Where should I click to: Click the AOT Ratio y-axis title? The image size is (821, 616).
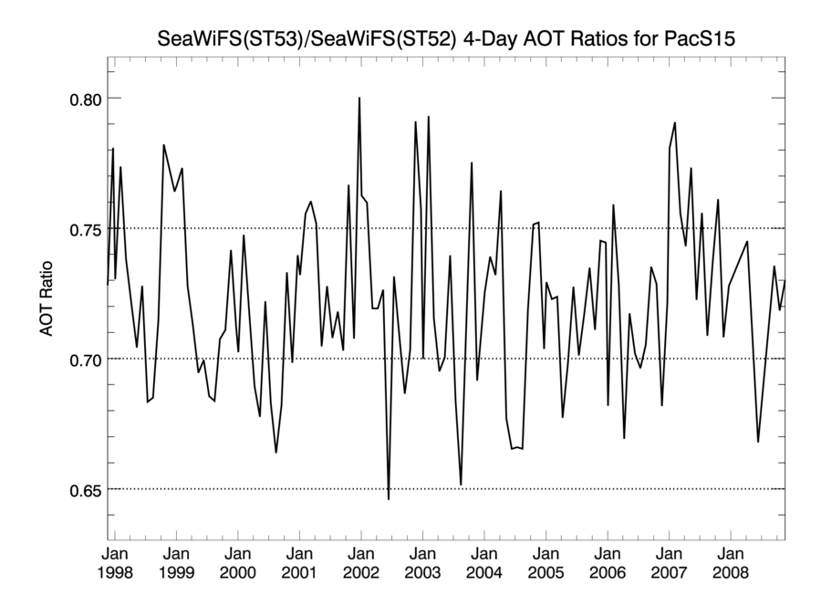click(x=47, y=299)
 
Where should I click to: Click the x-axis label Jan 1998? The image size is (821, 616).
click(x=115, y=563)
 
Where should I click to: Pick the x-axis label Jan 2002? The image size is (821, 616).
click(x=360, y=563)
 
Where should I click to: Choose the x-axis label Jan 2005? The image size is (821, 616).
click(x=546, y=563)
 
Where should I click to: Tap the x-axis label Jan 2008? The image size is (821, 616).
click(x=731, y=563)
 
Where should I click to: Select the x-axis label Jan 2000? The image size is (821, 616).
click(x=237, y=563)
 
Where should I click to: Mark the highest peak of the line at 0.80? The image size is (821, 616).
click(x=359, y=98)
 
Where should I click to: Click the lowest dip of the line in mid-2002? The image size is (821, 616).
click(x=389, y=499)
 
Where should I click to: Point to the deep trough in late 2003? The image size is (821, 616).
click(x=462, y=485)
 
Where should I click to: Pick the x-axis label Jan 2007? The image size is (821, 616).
click(x=669, y=563)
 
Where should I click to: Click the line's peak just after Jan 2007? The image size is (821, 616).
click(x=674, y=122)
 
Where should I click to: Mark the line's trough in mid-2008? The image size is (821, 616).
click(x=758, y=442)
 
